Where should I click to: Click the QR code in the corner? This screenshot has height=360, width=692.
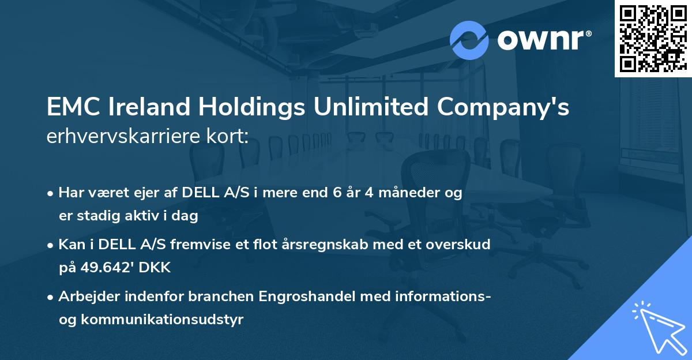pyautogui.click(x=653, y=38)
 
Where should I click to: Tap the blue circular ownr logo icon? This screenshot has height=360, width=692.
pyautogui.click(x=469, y=40)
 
